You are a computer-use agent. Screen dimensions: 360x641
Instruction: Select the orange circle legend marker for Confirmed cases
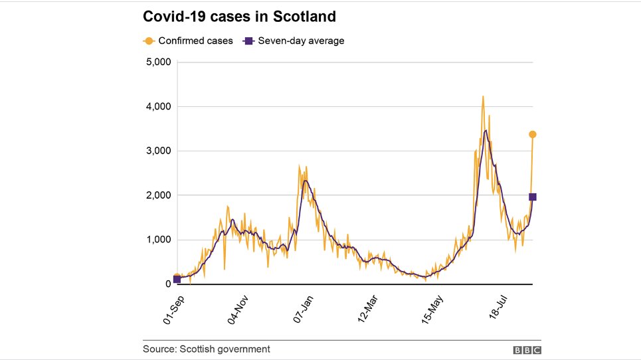(149, 41)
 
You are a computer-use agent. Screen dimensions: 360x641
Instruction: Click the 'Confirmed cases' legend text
(195, 41)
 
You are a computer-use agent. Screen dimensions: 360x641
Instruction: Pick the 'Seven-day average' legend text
(301, 41)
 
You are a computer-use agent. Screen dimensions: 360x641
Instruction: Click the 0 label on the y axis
(168, 284)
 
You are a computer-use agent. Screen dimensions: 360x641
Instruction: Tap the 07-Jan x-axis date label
(302, 310)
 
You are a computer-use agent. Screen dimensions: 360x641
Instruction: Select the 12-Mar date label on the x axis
(367, 310)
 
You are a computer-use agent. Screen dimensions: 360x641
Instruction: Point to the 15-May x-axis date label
(432, 310)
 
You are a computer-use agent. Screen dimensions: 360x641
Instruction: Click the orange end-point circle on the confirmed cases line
(532, 135)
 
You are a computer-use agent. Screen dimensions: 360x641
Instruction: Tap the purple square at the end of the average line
(532, 197)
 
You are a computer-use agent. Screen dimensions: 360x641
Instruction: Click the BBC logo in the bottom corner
(527, 349)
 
